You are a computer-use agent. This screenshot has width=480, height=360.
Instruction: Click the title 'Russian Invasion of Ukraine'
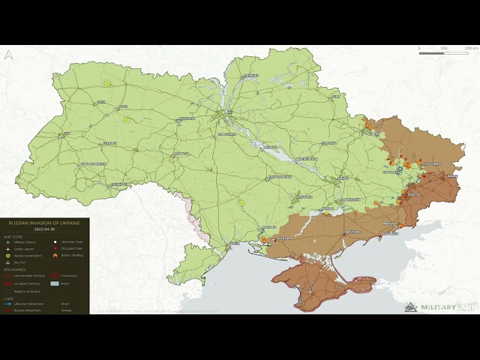pyautogui.click(x=43, y=223)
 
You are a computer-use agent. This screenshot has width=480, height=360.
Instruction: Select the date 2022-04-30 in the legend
pyautogui.click(x=43, y=229)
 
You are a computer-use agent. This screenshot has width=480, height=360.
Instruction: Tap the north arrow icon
pyautogui.click(x=9, y=55)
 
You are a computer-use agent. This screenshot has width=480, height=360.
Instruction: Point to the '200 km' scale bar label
pyautogui.click(x=471, y=48)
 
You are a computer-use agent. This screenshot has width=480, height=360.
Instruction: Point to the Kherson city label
pyautogui.click(x=284, y=238)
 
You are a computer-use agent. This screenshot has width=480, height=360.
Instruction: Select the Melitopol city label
pyautogui.click(x=352, y=232)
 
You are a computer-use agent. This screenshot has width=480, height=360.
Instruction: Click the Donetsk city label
pyautogui.click(x=414, y=193)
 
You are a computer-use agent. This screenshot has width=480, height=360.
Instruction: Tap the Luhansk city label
pyautogui.click(x=451, y=177)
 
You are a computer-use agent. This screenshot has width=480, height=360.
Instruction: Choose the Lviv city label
pyautogui.click(x=67, y=133)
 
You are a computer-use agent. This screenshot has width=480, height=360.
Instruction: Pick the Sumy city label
pyautogui.click(x=337, y=96)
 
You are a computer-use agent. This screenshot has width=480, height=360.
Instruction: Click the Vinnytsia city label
pyautogui.click(x=181, y=154)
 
